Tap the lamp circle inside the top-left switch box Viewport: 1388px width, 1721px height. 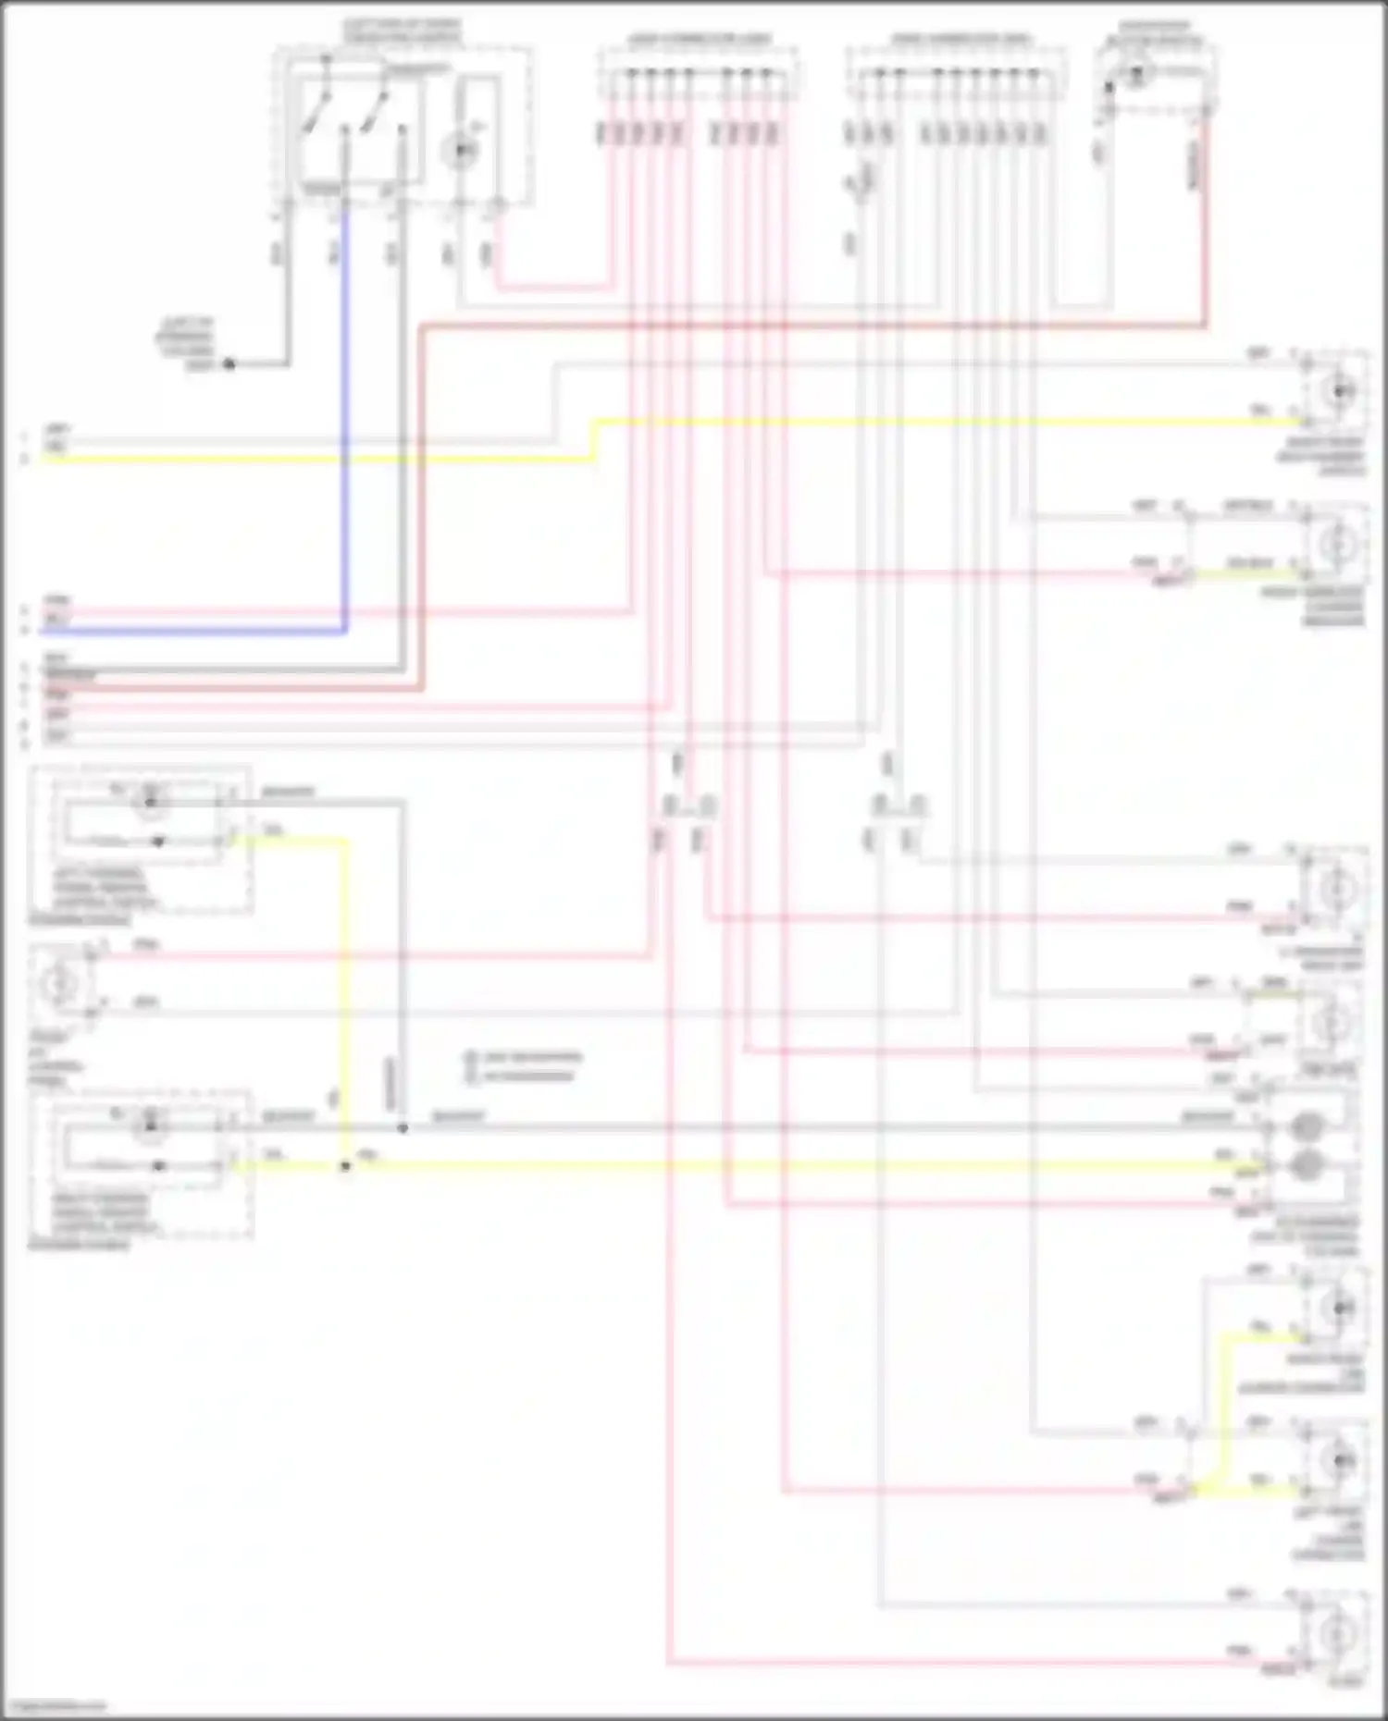point(460,151)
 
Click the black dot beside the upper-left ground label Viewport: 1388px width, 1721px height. point(229,364)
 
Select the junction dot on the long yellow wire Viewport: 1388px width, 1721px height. point(345,1166)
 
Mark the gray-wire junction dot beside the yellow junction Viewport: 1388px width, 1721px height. point(403,1128)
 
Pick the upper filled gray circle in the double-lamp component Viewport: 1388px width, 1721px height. point(1306,1127)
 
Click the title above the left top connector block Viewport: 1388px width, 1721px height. point(700,40)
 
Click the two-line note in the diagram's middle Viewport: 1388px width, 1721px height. point(524,1066)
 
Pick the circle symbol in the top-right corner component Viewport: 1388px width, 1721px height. point(1136,73)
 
